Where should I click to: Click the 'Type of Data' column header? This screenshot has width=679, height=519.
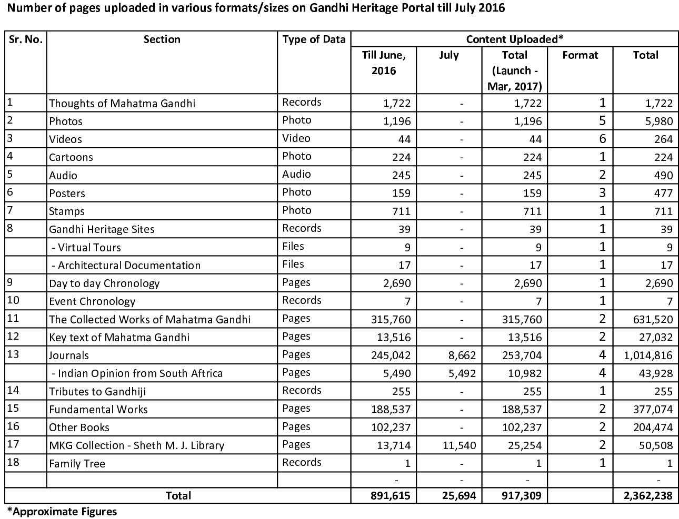tap(314, 39)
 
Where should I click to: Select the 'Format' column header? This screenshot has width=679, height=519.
tap(580, 55)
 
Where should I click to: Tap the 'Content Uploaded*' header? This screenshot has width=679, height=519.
tap(514, 39)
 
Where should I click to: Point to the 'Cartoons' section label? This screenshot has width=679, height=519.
tap(71, 157)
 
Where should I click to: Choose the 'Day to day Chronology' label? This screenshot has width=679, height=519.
tap(104, 283)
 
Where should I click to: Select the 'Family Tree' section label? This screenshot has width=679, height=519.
tap(77, 463)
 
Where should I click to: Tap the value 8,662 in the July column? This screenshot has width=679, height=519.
tap(461, 355)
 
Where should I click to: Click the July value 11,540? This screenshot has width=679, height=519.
tap(460, 445)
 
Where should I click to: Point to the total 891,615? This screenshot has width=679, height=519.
tap(389, 496)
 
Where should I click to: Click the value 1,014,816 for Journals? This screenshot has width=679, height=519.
tap(647, 355)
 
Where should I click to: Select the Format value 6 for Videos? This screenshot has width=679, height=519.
tap(602, 139)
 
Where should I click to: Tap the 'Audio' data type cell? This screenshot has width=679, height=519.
tap(296, 174)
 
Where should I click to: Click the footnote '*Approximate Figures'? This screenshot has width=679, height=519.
tap(62, 511)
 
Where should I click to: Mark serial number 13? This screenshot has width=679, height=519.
tap(13, 354)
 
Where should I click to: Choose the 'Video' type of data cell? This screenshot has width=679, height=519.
tap(296, 138)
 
